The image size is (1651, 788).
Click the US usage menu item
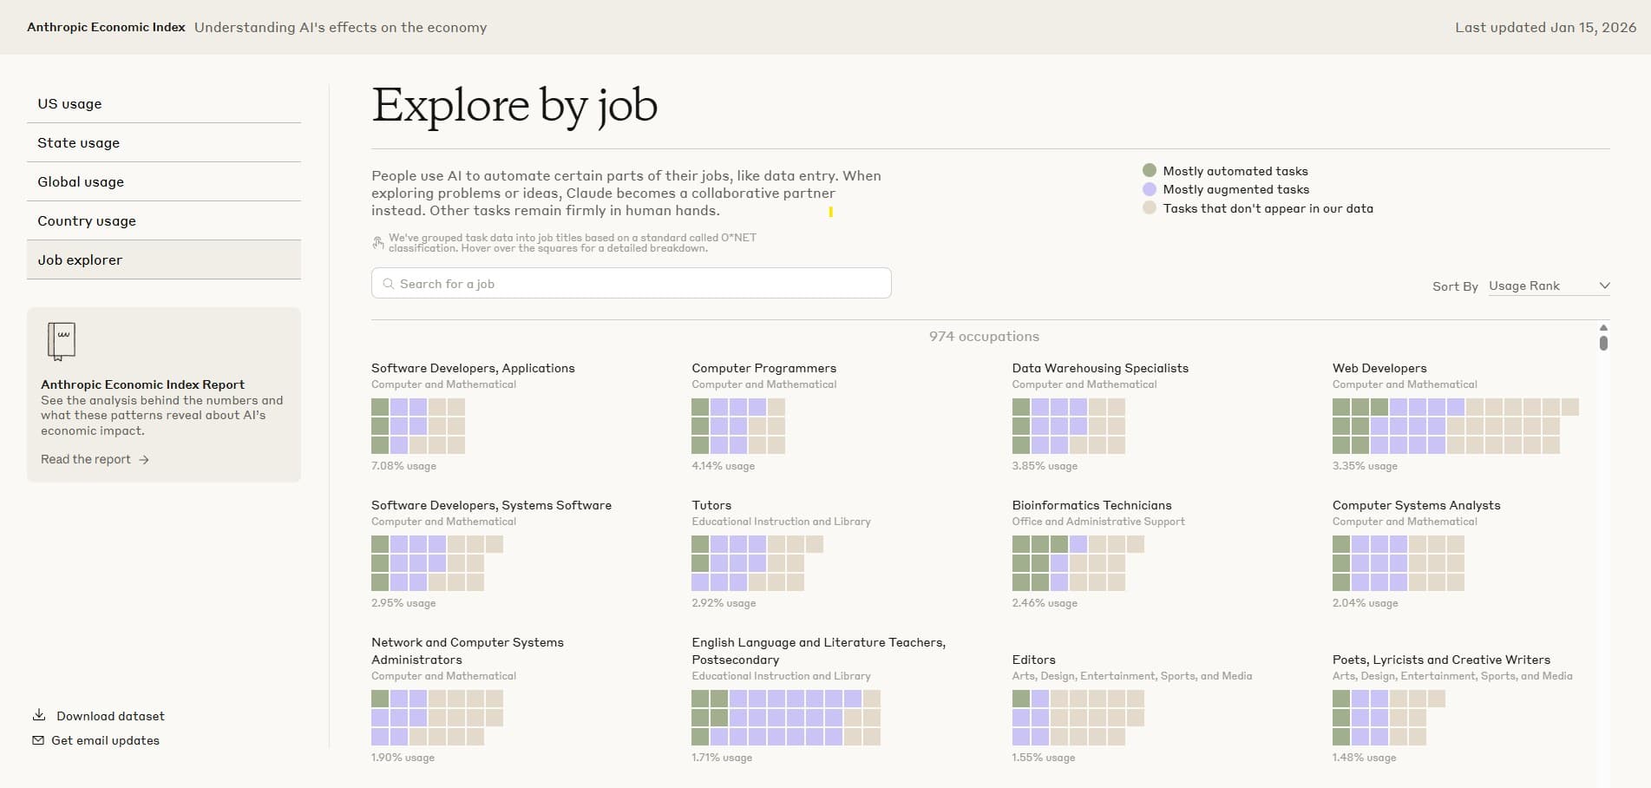click(x=69, y=103)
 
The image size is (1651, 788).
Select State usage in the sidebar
click(x=78, y=142)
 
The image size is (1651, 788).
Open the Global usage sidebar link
click(x=81, y=181)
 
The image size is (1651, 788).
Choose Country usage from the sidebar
click(x=87, y=220)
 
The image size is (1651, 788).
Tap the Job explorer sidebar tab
click(x=80, y=259)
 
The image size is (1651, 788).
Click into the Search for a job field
click(x=631, y=284)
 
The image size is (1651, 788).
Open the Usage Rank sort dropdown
click(x=1549, y=286)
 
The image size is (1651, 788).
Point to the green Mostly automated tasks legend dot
click(x=1150, y=170)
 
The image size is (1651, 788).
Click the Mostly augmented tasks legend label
click(x=1235, y=189)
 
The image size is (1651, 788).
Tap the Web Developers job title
click(x=1379, y=368)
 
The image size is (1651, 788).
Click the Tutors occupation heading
click(x=711, y=505)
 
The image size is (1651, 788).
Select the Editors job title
click(x=1033, y=660)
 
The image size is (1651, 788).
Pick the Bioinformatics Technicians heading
click(x=1091, y=505)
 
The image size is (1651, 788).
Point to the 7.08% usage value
click(x=403, y=466)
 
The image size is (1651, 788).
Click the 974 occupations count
click(x=984, y=336)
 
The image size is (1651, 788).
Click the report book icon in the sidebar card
click(x=61, y=341)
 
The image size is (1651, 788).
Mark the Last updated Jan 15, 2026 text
click(x=1545, y=27)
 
